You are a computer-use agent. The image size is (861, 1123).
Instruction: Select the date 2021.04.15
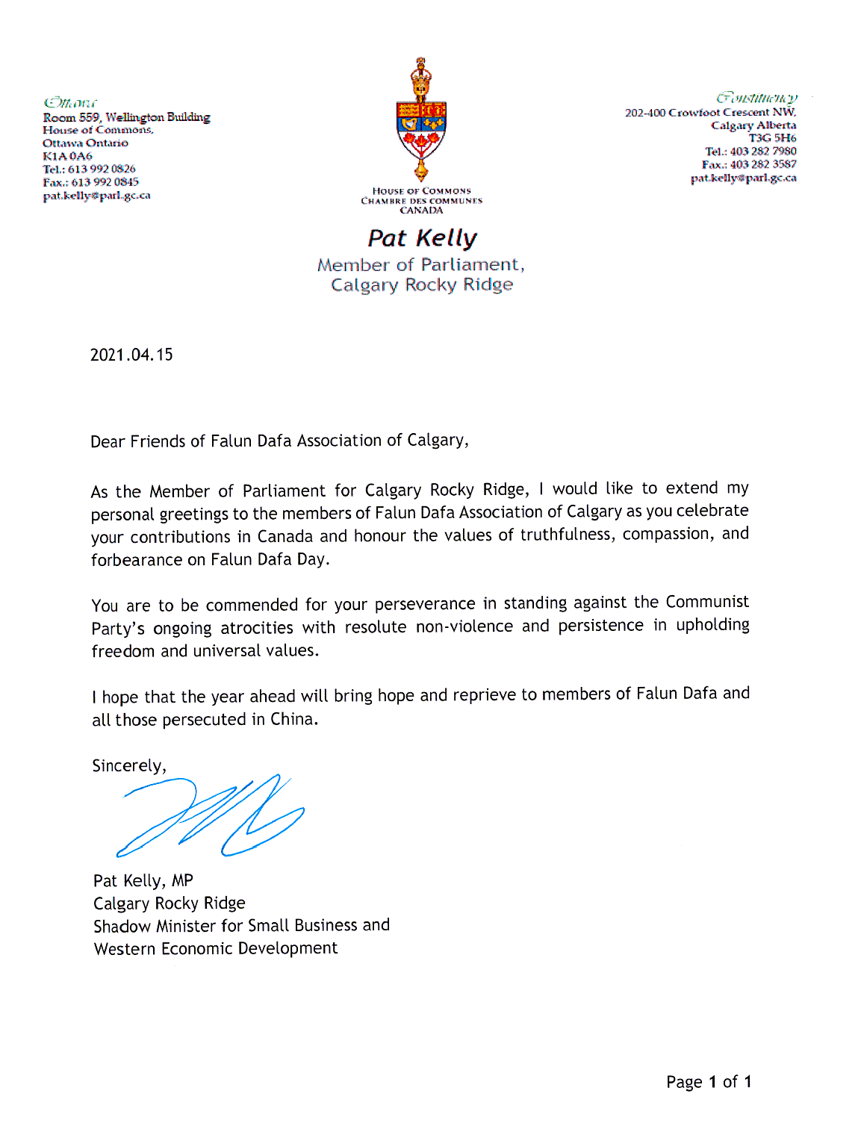(x=131, y=355)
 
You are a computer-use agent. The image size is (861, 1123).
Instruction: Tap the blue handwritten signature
(x=211, y=815)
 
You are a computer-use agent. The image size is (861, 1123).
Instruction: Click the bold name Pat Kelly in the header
(x=422, y=238)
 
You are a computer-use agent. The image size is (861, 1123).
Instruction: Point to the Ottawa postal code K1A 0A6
(x=67, y=156)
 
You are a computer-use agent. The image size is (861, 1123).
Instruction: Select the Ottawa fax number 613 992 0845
(x=105, y=182)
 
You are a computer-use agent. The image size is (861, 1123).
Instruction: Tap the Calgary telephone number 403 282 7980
(x=763, y=151)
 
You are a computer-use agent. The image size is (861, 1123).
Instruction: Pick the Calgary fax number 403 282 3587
(x=763, y=164)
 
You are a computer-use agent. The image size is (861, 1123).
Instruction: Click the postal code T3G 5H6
(x=773, y=138)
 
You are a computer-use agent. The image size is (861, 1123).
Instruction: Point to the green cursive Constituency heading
(x=756, y=98)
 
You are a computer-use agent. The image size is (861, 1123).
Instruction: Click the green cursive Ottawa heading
(x=70, y=103)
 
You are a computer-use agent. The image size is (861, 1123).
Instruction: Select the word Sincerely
(x=127, y=766)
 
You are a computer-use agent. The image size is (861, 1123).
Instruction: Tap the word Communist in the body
(x=707, y=602)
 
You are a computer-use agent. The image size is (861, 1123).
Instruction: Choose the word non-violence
(x=464, y=626)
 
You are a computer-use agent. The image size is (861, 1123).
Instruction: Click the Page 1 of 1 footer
(x=709, y=1082)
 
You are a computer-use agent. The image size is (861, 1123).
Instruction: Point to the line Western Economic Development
(x=216, y=948)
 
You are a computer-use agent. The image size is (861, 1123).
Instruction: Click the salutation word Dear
(x=108, y=441)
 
